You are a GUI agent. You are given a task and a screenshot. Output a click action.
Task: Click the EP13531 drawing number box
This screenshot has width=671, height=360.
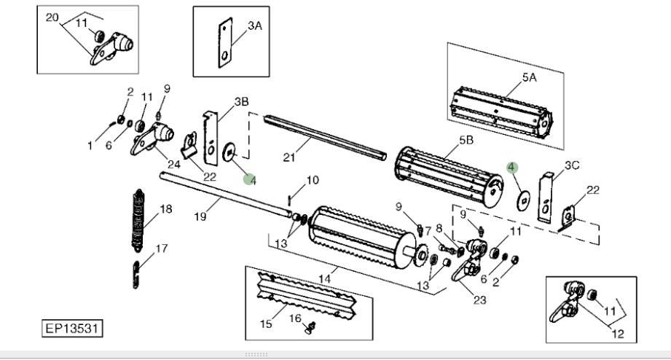click(x=72, y=329)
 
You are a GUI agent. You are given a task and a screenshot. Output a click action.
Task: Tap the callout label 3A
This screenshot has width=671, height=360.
click(x=254, y=26)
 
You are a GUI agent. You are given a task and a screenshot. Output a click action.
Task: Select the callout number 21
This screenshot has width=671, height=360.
click(x=289, y=157)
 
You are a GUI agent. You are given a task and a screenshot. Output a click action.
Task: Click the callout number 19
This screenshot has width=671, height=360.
click(x=200, y=216)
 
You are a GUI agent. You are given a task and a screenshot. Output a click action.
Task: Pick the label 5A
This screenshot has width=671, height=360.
click(x=530, y=77)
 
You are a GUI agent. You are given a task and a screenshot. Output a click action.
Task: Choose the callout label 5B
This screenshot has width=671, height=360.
click(x=466, y=140)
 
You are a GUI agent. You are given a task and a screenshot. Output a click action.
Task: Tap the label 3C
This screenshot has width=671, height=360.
click(x=572, y=165)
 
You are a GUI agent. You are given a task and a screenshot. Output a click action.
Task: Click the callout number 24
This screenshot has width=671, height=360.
click(x=173, y=164)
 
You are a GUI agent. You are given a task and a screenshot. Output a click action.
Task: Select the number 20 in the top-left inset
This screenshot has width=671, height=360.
click(x=52, y=17)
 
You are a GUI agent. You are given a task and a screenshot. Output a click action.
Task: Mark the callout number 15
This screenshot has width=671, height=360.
click(x=266, y=324)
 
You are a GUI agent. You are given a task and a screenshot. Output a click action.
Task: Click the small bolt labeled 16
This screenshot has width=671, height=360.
click(x=310, y=328)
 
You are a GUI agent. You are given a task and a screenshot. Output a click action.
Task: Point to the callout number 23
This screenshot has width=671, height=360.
click(x=479, y=300)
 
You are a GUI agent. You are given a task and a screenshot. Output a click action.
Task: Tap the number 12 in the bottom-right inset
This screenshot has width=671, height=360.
click(x=618, y=334)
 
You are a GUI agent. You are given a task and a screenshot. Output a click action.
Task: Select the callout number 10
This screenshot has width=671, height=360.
click(x=313, y=180)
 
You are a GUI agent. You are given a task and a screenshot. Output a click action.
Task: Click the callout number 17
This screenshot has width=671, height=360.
click(x=161, y=249)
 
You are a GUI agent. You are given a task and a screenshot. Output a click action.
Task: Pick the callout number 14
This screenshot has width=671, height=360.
click(x=324, y=278)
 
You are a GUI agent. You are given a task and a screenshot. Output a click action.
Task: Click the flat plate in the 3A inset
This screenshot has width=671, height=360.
click(x=225, y=43)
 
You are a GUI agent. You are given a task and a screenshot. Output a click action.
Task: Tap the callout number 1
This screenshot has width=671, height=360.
click(x=90, y=146)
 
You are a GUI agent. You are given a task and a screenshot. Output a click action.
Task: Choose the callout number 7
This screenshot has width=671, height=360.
click(x=428, y=231)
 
